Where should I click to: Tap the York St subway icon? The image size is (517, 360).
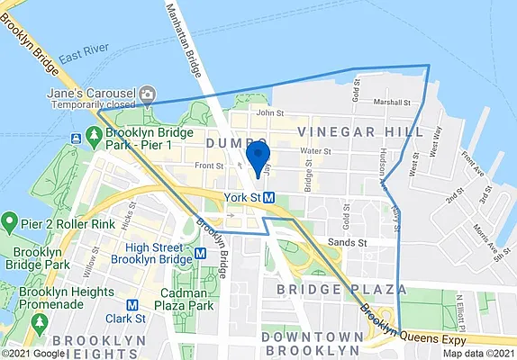pyautogui.click(x=282, y=198)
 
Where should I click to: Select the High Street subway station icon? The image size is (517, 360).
pyautogui.click(x=200, y=254)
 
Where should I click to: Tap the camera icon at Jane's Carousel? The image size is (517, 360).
pyautogui.click(x=147, y=94)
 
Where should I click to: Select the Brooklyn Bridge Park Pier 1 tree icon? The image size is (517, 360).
pyautogui.click(x=75, y=138)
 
